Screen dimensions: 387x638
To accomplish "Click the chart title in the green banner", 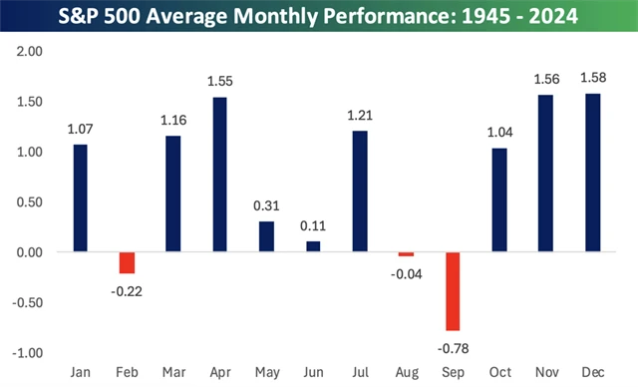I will coord(319,18).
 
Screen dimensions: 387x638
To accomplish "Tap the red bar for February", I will coord(127,262).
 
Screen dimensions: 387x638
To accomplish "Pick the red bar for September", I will coord(454,291).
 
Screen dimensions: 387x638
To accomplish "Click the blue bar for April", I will coord(219,175).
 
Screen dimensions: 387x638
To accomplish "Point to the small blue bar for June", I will coord(313,246).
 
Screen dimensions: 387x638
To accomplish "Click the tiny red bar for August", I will coord(406,254).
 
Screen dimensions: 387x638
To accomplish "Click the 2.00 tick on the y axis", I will coord(32,52).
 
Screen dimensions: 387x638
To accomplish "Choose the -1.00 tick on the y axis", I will coord(31,353).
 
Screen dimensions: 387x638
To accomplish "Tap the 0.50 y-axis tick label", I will coord(32,202).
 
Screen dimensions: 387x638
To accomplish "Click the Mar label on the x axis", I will coord(173,373).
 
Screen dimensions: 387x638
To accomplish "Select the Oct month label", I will coord(499,373).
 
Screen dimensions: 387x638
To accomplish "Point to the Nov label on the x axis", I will coord(546,373).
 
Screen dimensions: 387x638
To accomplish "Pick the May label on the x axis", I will coord(266,373).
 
